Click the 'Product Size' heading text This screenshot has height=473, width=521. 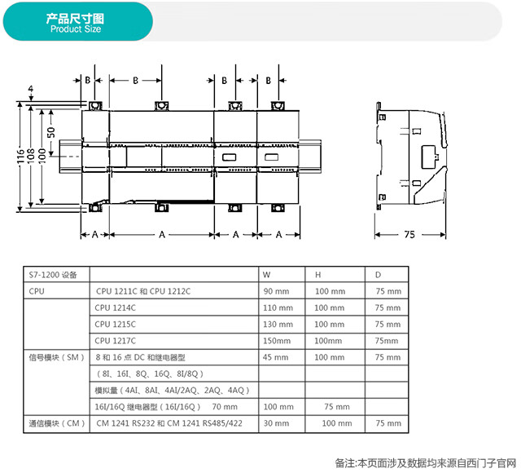[x=76, y=29]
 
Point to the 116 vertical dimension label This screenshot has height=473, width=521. [x=20, y=157]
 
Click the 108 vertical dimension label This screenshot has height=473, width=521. [x=31, y=157]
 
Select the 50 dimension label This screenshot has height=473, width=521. [x=50, y=132]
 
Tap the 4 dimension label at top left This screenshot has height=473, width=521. [x=31, y=89]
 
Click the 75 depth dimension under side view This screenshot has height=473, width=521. [x=409, y=235]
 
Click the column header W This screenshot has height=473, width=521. [x=266, y=275]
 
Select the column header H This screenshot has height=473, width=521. [x=318, y=275]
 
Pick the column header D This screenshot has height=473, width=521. [x=378, y=275]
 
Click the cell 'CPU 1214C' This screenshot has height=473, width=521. [x=116, y=308]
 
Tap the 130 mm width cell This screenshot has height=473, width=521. [x=278, y=325]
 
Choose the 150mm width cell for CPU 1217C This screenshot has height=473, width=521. [x=277, y=341]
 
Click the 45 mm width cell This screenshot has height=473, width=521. [x=275, y=357]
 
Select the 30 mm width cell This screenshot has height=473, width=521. [x=276, y=423]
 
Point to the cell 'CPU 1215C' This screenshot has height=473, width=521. [x=116, y=325]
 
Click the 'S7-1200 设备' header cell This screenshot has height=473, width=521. [x=53, y=275]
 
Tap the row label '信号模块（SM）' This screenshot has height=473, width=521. [x=56, y=357]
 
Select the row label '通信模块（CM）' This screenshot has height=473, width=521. [x=56, y=423]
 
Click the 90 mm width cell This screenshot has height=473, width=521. [x=276, y=291]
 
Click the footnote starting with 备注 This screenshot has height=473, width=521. [x=426, y=463]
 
